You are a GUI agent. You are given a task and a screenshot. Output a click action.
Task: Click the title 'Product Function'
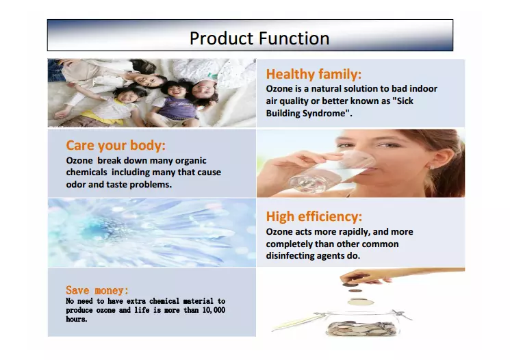[259, 38]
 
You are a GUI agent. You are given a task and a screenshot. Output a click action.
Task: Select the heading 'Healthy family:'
[314, 74]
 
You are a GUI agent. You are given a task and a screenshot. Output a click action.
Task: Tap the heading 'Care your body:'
[116, 145]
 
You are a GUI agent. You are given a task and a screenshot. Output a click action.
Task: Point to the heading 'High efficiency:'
[314, 216]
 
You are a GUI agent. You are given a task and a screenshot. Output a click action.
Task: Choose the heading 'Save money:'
[97, 290]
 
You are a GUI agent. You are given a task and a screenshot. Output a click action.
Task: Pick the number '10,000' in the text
[214, 310]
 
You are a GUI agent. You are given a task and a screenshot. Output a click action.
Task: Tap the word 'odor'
[76, 184]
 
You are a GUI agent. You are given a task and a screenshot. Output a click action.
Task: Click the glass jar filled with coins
[361, 324]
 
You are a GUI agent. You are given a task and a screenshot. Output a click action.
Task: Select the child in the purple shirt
[176, 103]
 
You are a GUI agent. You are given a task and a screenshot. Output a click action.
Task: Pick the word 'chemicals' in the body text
[86, 172]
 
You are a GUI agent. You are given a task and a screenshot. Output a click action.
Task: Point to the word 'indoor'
[423, 89]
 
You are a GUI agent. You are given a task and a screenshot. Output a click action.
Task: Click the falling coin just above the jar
[361, 302]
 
